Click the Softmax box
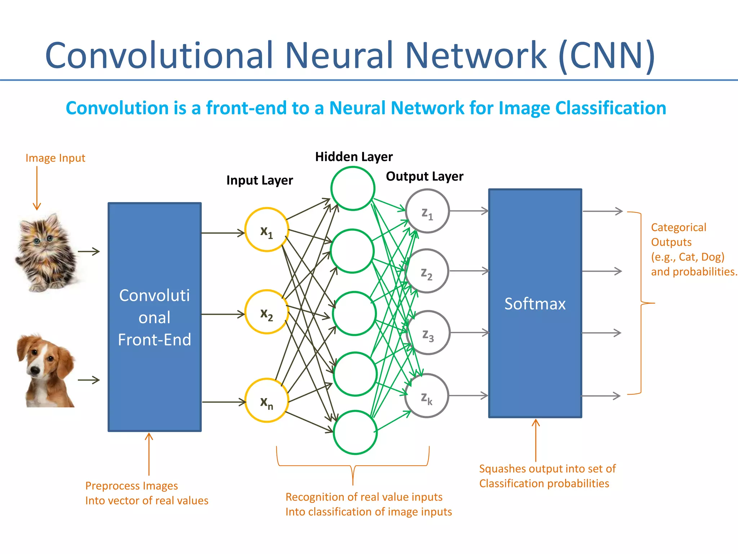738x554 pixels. click(x=535, y=303)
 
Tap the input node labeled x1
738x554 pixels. click(x=267, y=230)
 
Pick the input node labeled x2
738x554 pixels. click(x=267, y=312)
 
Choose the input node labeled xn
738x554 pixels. click(x=267, y=400)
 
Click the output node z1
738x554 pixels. click(x=427, y=211)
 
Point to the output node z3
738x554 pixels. click(x=428, y=333)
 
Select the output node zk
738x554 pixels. click(x=427, y=396)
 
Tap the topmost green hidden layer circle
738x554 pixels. click(x=353, y=188)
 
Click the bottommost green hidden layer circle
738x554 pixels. click(x=355, y=432)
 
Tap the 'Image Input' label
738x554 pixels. click(x=55, y=158)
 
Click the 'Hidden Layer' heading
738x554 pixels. click(x=354, y=157)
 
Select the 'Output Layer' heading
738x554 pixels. click(x=424, y=176)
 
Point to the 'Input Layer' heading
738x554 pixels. click(x=259, y=180)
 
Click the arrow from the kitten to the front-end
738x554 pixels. click(x=89, y=251)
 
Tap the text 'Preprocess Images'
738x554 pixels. click(x=132, y=486)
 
